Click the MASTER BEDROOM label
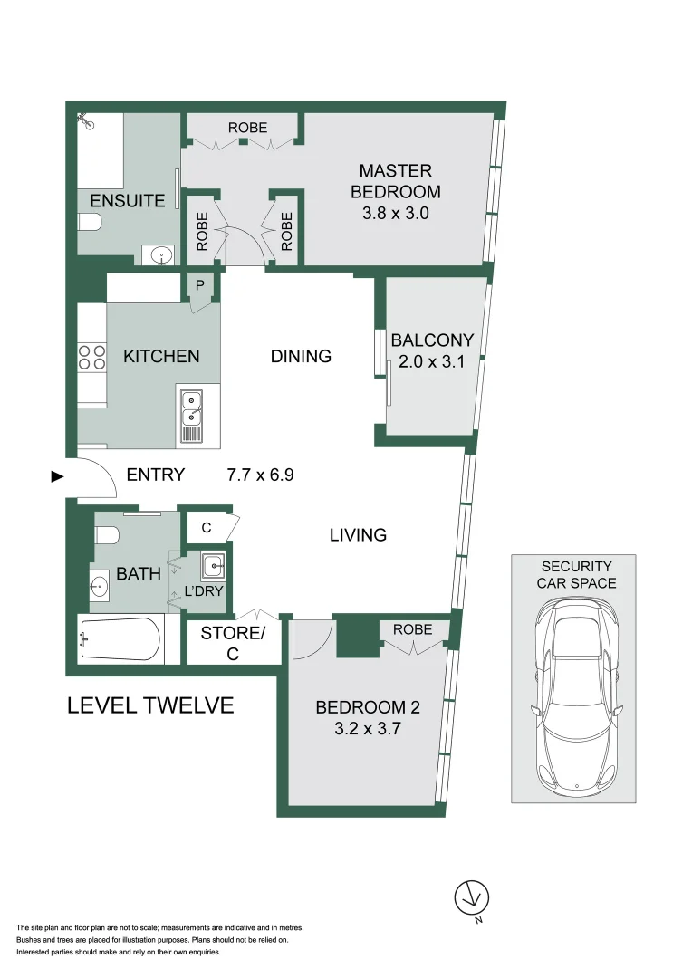tap(396, 180)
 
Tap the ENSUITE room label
tap(127, 200)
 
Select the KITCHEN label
tap(161, 356)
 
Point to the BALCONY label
tap(432, 341)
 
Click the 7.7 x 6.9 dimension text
tap(261, 475)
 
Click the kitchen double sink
tap(192, 416)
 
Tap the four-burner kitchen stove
tap(91, 356)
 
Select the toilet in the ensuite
tap(91, 222)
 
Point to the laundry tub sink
tap(214, 568)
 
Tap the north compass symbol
tap(470, 897)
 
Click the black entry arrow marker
tap(56, 476)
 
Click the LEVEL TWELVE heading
tap(150, 705)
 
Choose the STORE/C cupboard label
tap(233, 643)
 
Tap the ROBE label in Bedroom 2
tap(413, 629)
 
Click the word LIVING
tap(358, 535)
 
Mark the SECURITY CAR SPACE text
tap(576, 574)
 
